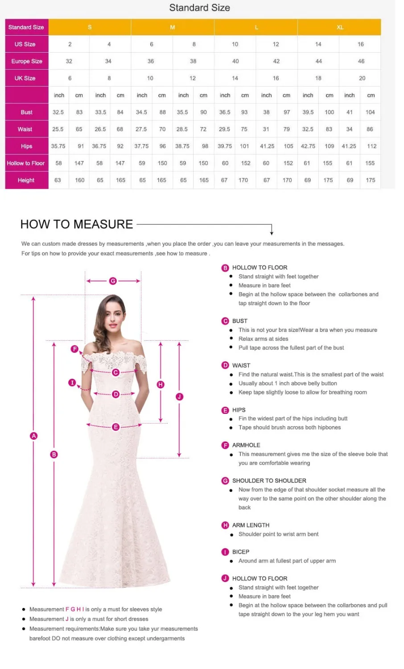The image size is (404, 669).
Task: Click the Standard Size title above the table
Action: [199, 8]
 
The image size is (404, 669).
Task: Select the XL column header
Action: [340, 27]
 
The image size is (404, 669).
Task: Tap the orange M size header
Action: [173, 27]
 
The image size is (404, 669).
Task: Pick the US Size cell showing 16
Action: [360, 44]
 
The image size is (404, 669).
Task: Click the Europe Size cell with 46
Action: [361, 61]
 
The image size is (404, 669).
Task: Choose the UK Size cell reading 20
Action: [362, 78]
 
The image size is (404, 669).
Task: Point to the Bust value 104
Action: [370, 112]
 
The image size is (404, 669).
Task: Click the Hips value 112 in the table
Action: [371, 146]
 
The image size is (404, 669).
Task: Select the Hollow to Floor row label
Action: [26, 163]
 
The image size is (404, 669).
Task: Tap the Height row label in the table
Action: [26, 180]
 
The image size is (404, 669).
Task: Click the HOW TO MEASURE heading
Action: [77, 224]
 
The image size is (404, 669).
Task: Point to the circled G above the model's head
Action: [113, 281]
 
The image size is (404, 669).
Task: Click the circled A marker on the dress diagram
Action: [33, 436]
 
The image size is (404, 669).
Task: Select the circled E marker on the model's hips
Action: [115, 427]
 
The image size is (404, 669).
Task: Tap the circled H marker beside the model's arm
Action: [161, 384]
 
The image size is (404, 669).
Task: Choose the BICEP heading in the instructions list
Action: [240, 552]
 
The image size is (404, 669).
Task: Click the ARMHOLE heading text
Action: [246, 445]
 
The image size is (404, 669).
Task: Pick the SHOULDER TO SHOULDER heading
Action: [269, 481]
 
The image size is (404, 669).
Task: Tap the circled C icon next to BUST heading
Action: [225, 321]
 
